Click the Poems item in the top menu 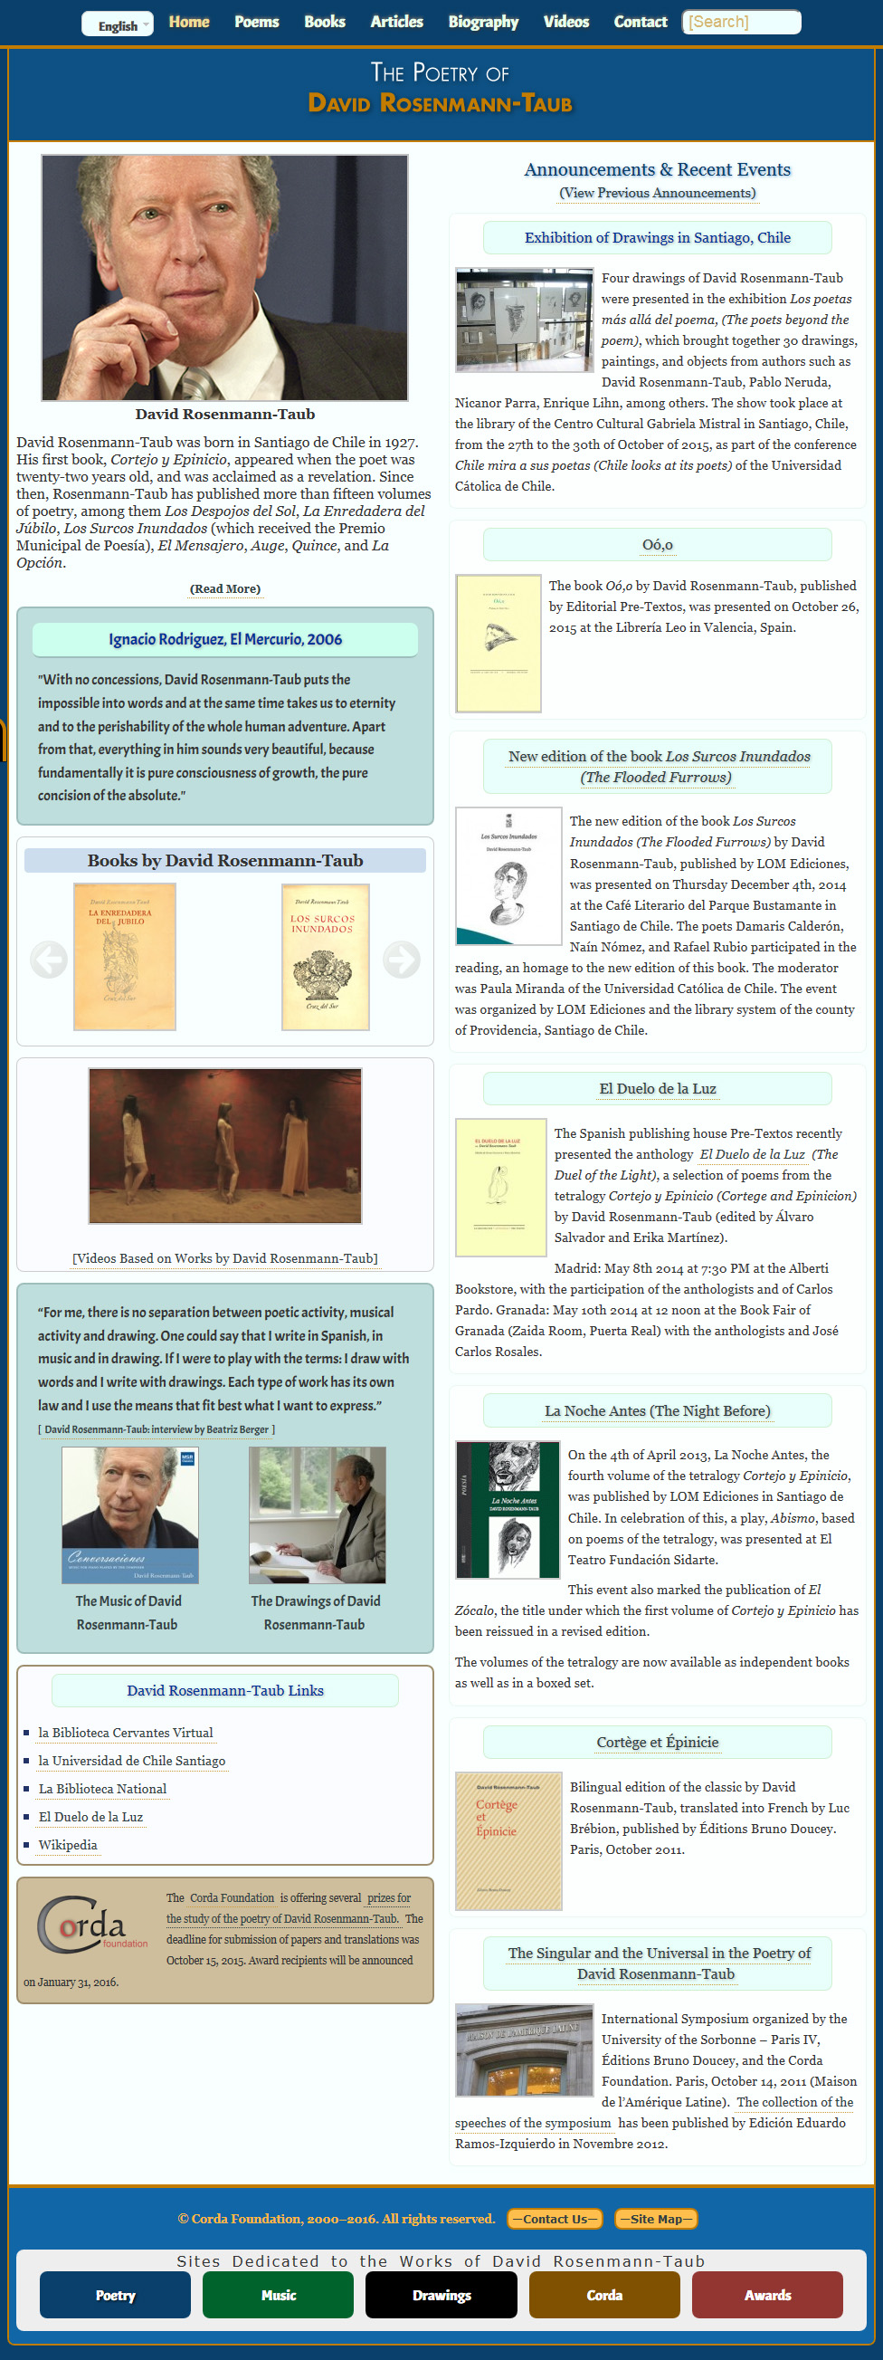256,22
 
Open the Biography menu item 483,22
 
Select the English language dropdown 118,24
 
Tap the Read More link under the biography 224,589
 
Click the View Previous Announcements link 657,194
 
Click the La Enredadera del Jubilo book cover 125,957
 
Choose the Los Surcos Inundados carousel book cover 325,957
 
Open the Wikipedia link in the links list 68,1845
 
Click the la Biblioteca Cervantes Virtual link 126,1733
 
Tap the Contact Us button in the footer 555,2219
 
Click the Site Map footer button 656,2219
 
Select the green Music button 278,2295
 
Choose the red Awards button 766,2295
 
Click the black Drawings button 441,2295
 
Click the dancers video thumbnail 225,1145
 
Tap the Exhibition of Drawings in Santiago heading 657,238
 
